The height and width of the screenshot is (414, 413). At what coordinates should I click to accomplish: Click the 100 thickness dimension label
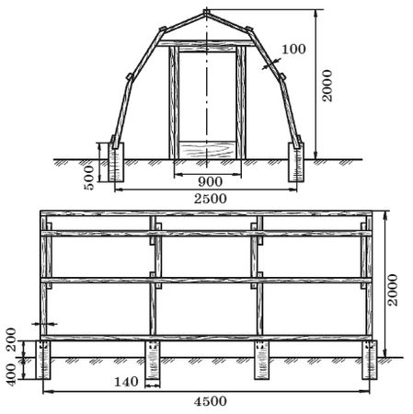pyautogui.click(x=293, y=49)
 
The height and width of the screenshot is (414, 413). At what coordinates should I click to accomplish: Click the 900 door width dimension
pyautogui.click(x=210, y=182)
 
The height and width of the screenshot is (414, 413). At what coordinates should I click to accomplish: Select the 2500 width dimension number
pyautogui.click(x=211, y=199)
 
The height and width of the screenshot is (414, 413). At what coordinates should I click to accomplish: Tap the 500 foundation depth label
pyautogui.click(x=89, y=178)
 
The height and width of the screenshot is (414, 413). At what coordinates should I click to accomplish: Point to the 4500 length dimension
pyautogui.click(x=211, y=401)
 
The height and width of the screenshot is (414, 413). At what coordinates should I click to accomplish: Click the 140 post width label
pyautogui.click(x=126, y=382)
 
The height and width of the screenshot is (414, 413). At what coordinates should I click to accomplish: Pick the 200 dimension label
pyautogui.click(x=11, y=339)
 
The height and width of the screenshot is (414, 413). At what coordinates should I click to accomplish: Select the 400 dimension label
pyautogui.click(x=11, y=374)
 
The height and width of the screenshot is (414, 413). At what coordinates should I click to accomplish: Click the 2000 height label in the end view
pyautogui.click(x=327, y=86)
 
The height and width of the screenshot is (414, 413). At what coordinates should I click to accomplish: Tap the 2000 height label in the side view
pyautogui.click(x=393, y=290)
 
